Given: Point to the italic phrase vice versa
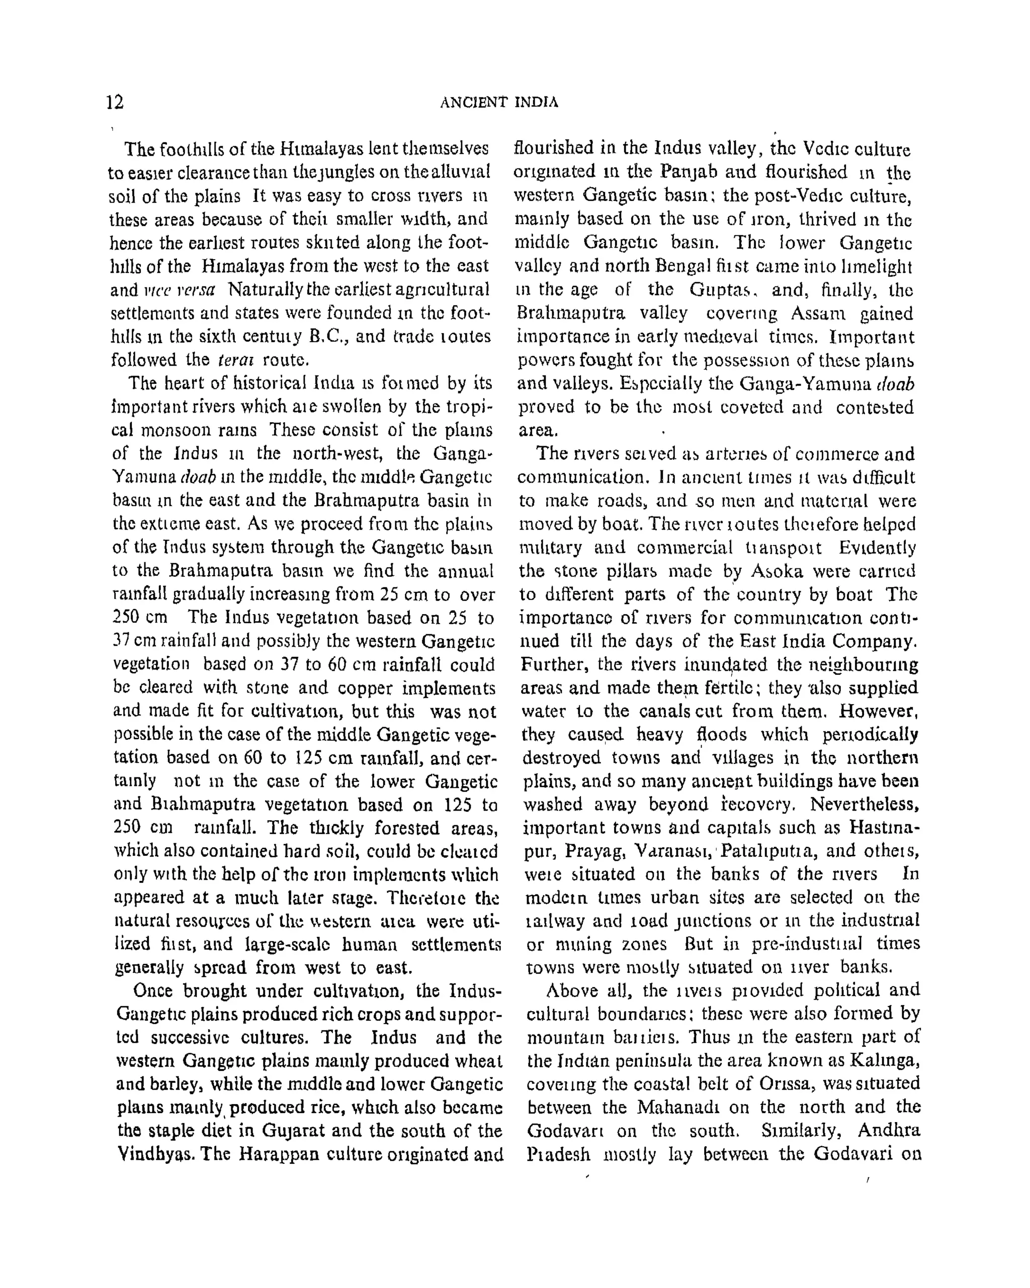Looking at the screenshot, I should click(180, 290).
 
